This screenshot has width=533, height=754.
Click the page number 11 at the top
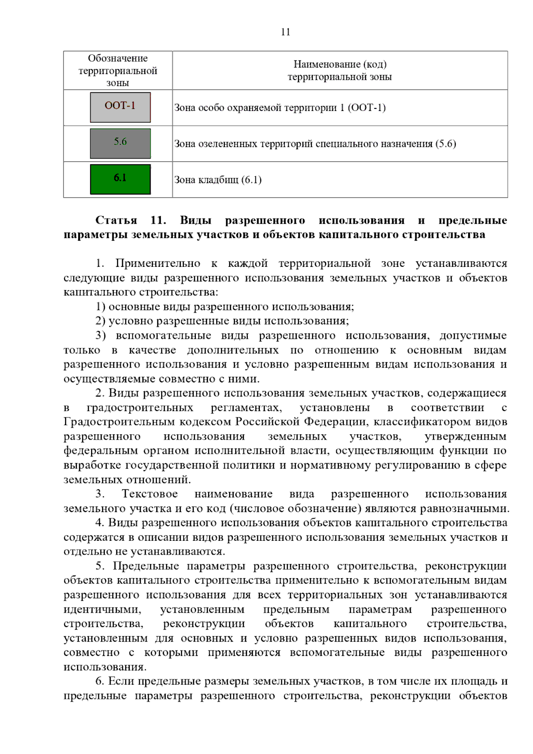point(285,32)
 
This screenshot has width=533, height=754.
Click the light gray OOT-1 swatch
point(120,107)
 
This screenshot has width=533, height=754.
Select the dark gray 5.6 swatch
point(120,143)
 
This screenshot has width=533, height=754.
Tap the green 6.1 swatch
point(120,179)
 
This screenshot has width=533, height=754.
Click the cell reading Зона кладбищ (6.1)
point(218,180)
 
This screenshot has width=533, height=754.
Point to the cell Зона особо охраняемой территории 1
point(280,108)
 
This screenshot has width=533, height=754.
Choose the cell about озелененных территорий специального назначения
point(315,144)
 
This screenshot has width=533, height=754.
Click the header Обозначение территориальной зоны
point(118,71)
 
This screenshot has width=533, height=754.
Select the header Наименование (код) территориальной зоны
point(340,71)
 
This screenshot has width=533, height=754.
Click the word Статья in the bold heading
point(116,220)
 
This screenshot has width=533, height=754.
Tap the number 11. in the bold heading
point(158,220)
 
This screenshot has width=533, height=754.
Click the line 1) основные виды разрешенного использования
point(224,306)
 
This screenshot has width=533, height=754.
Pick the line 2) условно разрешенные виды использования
point(222,321)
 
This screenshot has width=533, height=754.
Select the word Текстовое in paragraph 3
point(150,494)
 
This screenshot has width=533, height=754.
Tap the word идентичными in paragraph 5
point(102,609)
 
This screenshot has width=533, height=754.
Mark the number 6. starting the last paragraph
point(99,681)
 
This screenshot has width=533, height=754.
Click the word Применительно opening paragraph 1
point(158,263)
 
